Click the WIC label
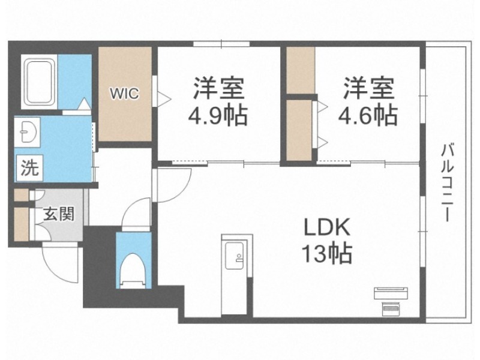click(124, 94)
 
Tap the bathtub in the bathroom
click(38, 82)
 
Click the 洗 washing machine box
click(29, 168)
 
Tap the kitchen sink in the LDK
click(234, 256)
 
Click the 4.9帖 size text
click(218, 116)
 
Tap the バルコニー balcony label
click(447, 183)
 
